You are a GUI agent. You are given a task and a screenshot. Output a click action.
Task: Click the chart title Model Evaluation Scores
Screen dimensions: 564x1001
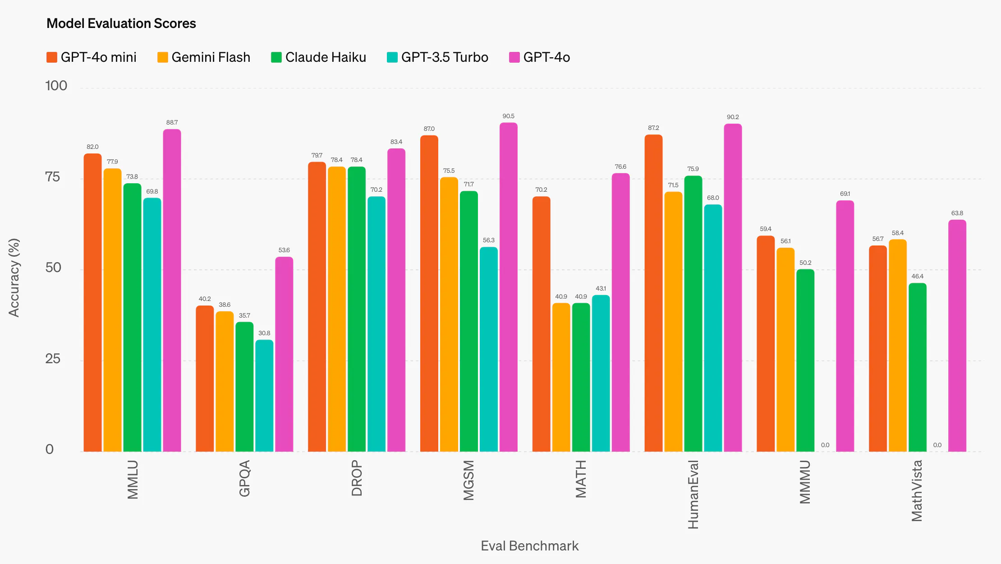pyautogui.click(x=121, y=23)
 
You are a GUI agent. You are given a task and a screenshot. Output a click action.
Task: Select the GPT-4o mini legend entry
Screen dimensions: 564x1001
pyautogui.click(x=92, y=57)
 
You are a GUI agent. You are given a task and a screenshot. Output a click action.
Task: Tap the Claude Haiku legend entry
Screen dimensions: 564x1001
pyautogui.click(x=319, y=57)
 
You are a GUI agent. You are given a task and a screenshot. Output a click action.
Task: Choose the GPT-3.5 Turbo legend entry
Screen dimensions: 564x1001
pyautogui.click(x=437, y=57)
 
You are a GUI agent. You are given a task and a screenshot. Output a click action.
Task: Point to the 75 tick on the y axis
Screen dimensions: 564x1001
pyautogui.click(x=53, y=177)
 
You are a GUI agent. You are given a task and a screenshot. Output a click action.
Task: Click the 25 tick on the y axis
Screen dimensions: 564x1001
pyautogui.click(x=53, y=359)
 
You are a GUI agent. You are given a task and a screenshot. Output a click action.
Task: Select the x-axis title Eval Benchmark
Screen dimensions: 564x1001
pyautogui.click(x=529, y=546)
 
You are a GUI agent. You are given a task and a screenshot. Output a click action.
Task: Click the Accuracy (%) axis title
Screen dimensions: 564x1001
pyautogui.click(x=14, y=277)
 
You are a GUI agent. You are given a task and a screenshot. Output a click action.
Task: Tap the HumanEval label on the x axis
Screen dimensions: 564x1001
pyautogui.click(x=693, y=494)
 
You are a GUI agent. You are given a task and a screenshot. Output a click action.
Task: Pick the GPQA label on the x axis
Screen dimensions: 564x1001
pyautogui.click(x=244, y=478)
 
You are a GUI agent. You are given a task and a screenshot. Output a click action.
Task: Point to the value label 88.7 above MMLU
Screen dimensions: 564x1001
pyautogui.click(x=172, y=123)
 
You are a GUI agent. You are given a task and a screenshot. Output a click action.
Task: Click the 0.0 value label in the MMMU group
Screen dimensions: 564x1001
pyautogui.click(x=825, y=445)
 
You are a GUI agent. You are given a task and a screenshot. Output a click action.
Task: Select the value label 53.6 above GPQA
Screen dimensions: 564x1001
pyautogui.click(x=284, y=250)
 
